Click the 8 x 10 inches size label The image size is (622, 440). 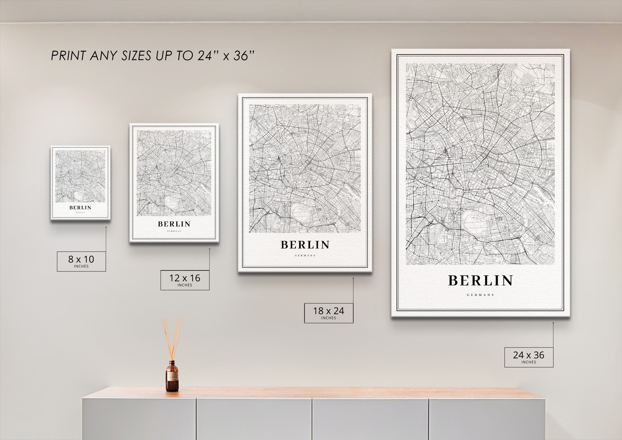[81, 261]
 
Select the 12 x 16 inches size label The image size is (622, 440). [185, 280]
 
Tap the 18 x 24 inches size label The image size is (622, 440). [328, 312]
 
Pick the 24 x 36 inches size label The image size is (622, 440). [529, 357]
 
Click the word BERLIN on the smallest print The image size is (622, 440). [80, 208]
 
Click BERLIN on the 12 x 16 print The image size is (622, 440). [174, 224]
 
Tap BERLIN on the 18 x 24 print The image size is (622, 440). [305, 245]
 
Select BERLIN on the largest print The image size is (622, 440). [480, 281]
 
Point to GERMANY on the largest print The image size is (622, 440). [480, 295]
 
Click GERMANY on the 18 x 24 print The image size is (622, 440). [305, 255]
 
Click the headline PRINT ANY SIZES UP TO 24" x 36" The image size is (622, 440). [152, 56]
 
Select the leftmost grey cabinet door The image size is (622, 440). [139, 419]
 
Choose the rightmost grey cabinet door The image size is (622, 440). [487, 419]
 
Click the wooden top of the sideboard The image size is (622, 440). [311, 393]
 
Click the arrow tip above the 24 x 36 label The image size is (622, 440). [553, 323]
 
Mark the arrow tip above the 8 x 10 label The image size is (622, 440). [106, 227]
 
